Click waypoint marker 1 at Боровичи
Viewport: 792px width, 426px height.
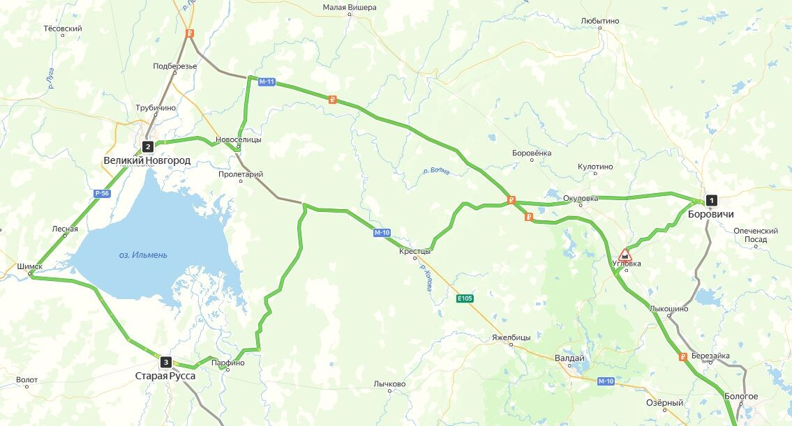tap(711, 200)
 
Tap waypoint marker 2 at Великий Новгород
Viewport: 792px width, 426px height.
tap(148, 146)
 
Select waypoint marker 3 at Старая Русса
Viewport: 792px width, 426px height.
tap(165, 362)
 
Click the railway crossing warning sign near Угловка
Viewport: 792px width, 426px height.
tap(625, 254)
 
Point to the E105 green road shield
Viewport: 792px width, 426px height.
tap(465, 298)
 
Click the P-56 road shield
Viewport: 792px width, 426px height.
tap(102, 193)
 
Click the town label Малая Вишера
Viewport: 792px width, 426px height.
tap(350, 8)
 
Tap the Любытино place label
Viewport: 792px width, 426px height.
tap(599, 21)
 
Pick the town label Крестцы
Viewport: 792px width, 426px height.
tap(415, 251)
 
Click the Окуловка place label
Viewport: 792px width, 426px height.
tap(581, 199)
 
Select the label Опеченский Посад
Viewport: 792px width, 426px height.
tap(755, 235)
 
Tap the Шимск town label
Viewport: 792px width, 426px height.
tap(29, 266)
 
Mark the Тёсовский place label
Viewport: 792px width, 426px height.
tap(63, 29)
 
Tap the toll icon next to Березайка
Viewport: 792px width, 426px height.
tap(683, 357)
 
